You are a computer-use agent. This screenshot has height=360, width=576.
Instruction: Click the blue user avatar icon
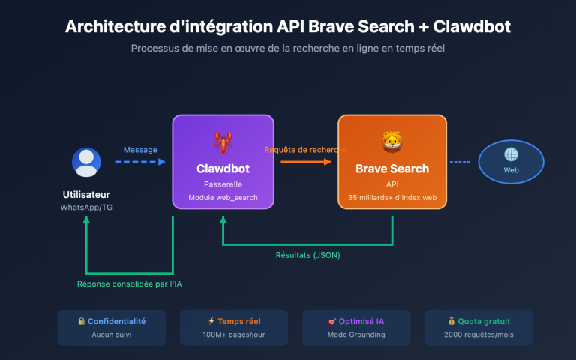86,163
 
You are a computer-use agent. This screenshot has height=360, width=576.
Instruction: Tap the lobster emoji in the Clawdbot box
223,142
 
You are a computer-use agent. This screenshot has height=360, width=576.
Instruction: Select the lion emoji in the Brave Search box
391,142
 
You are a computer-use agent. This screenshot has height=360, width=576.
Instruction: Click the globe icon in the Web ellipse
511,154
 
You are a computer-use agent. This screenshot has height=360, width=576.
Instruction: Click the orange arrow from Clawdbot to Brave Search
305,161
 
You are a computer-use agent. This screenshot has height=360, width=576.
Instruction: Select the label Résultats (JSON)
307,255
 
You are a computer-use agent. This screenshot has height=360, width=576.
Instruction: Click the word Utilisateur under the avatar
86,195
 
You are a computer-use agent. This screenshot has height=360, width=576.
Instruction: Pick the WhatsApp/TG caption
86,208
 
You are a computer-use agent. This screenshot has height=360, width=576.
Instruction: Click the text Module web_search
223,198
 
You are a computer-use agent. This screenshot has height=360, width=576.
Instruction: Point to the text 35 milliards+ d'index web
391,198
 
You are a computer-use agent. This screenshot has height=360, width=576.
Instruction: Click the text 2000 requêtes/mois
478,334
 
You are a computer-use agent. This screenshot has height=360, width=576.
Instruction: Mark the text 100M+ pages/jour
234,334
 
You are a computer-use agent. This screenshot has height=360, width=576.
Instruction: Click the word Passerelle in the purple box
223,184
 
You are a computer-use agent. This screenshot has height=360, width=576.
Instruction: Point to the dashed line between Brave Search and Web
460,161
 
